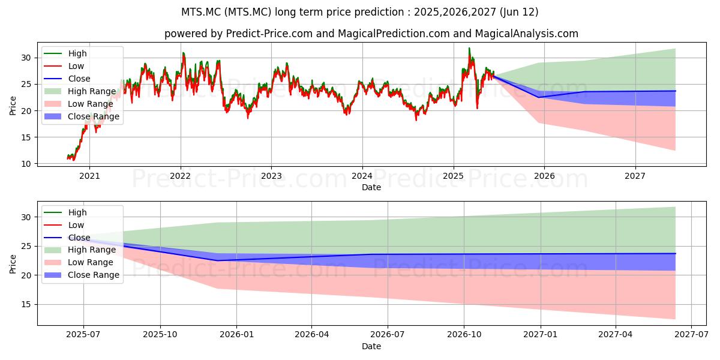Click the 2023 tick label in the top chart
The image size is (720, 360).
tap(271, 176)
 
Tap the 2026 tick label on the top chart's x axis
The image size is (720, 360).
tap(544, 176)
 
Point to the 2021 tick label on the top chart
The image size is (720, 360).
tap(89, 176)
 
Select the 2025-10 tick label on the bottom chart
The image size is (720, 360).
tap(160, 335)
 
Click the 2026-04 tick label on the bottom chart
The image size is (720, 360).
tap(312, 335)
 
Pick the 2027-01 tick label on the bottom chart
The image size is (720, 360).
tap(541, 335)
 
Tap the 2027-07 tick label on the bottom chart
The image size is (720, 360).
tap(691, 335)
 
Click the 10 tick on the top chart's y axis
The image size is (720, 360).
tap(26, 164)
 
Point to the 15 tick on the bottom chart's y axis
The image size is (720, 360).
tap(26, 304)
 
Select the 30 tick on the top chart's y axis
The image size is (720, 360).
tap(26, 58)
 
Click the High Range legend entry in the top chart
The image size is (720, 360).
tap(80, 91)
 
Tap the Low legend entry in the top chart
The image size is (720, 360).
tap(64, 66)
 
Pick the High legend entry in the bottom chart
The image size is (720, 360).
tap(65, 212)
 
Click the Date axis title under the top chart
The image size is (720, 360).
tap(371, 187)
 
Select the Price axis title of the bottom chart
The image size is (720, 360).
tap(13, 264)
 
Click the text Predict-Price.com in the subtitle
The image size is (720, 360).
tap(269, 34)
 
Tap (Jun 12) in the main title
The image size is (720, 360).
tap(519, 12)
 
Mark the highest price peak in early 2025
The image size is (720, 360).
tap(469, 48)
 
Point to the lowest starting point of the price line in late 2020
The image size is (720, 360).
tap(74, 160)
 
